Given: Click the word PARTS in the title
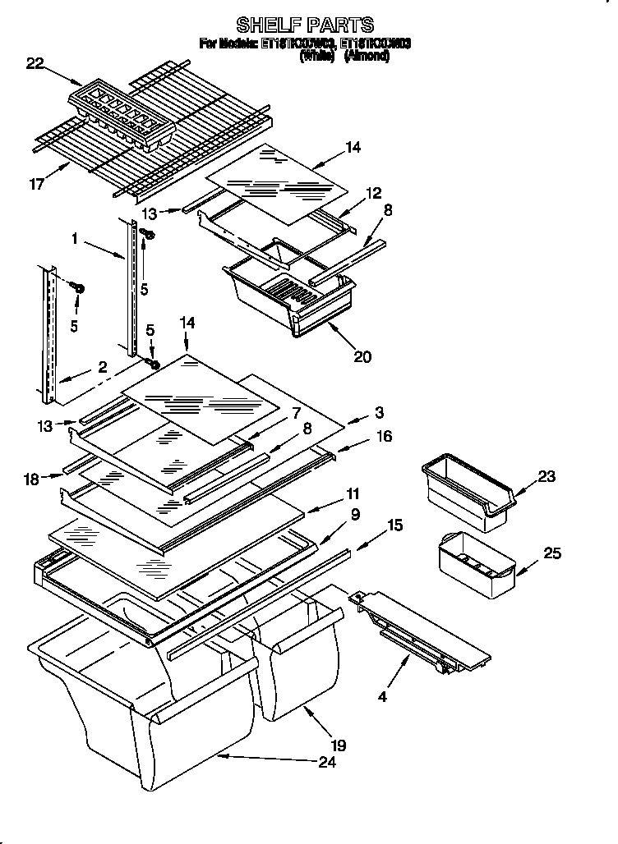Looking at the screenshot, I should click(339, 25).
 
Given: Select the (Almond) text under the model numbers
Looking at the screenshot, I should click(367, 57).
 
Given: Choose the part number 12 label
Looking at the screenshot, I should click(374, 193).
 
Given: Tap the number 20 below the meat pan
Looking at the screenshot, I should click(362, 355).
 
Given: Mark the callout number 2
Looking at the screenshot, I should click(103, 369).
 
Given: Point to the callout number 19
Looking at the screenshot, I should click(339, 745).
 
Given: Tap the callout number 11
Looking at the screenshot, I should click(353, 493).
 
